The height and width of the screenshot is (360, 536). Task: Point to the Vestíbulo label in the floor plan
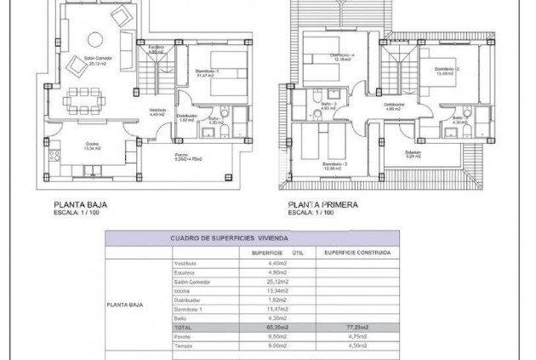[158, 111]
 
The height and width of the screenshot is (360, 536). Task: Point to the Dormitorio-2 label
[446, 69]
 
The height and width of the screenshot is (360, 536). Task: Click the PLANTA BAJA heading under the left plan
[80, 205]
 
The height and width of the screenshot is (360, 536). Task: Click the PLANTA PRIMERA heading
[322, 205]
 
